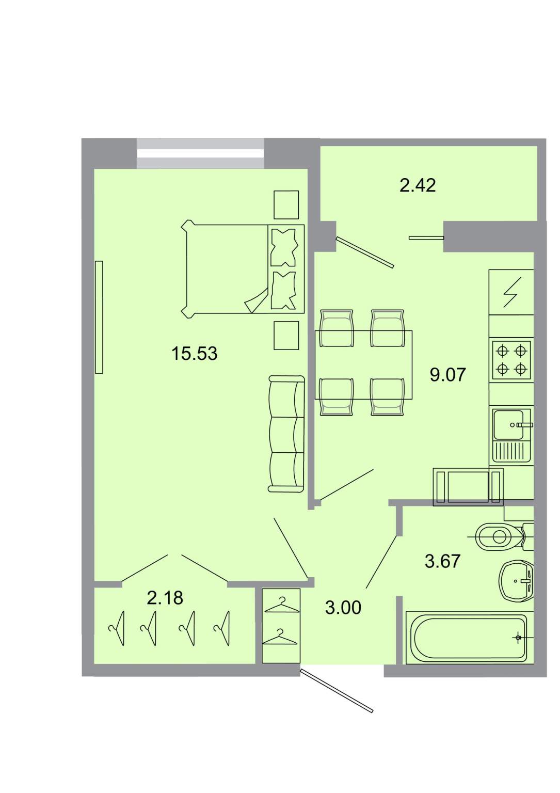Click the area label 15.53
pos(194,353)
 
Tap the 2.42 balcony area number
pos(418,185)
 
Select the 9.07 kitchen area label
pos(447,374)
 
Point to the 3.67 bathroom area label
pos(442,561)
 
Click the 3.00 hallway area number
pos(343,607)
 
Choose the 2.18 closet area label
pos(165,597)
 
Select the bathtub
pos(469,637)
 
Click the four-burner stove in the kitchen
pos(511,359)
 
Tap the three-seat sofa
pos(286,434)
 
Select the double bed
pos(243,269)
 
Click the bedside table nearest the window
pos(286,205)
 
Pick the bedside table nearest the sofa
pos(286,336)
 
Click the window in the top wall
pos(200,153)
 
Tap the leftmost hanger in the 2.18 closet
pos(117,628)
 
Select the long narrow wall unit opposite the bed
pos(99,317)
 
